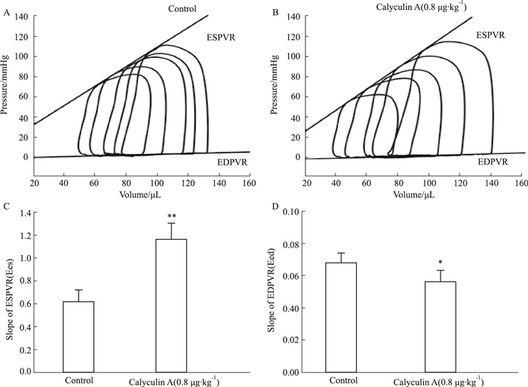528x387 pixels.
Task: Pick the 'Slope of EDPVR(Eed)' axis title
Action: [x=274, y=292]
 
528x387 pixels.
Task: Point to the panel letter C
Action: [x=7, y=207]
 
